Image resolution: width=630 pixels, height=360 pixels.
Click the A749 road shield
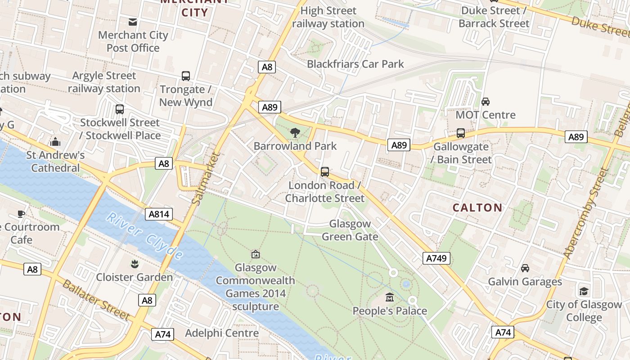click(436, 258)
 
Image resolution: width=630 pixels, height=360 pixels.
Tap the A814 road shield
click(159, 214)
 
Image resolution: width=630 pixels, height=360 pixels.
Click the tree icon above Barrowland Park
click(295, 133)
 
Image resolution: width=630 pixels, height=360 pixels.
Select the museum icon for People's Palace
click(390, 297)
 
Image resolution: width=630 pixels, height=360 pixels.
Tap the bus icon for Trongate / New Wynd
click(186, 76)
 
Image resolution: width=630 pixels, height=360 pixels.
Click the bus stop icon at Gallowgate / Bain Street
click(461, 133)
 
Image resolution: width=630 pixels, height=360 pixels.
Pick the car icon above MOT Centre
click(486, 102)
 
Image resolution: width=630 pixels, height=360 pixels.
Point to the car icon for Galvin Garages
click(525, 269)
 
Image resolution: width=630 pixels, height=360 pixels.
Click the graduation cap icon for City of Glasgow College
click(584, 291)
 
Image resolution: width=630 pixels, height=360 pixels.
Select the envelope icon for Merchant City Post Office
click(133, 22)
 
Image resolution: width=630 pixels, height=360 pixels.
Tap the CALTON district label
click(477, 207)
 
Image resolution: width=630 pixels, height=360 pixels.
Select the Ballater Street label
click(95, 300)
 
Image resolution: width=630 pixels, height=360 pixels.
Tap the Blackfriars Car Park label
click(355, 64)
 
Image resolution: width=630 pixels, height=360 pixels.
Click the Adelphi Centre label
click(222, 333)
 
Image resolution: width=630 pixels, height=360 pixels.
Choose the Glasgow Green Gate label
click(350, 230)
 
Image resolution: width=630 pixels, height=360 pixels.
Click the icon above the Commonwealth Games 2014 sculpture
click(256, 255)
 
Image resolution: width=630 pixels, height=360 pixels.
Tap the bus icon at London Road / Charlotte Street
click(325, 172)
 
